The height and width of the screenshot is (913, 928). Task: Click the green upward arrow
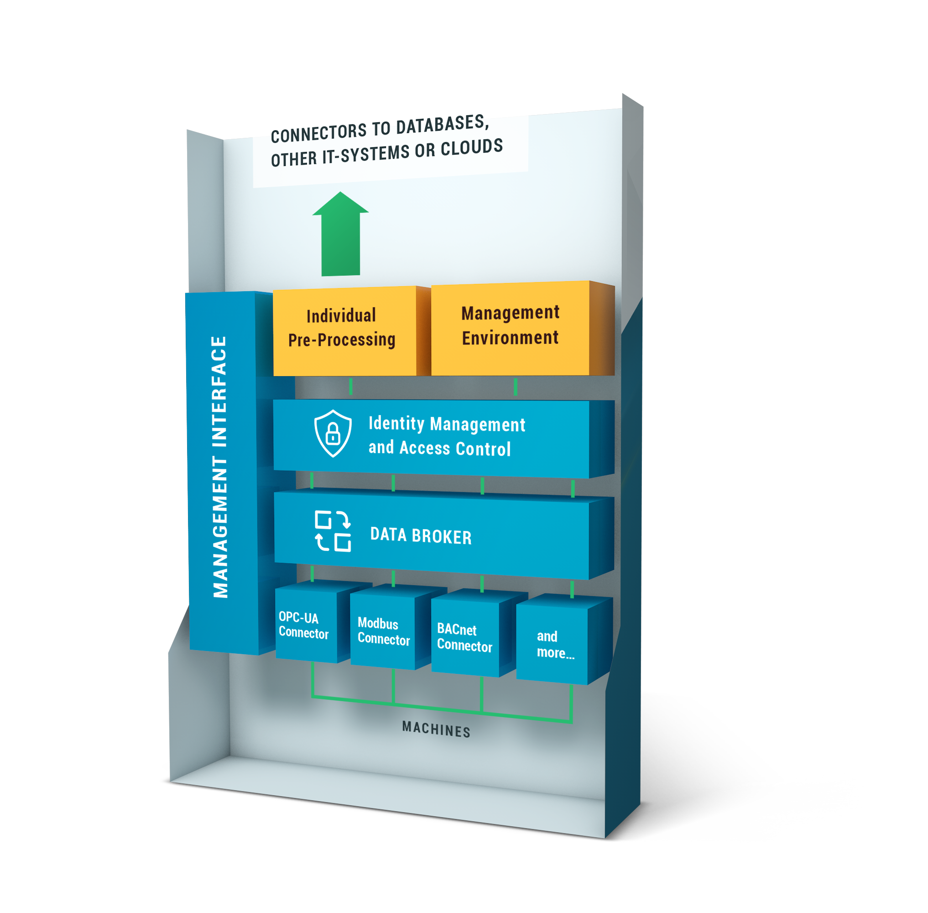tap(340, 237)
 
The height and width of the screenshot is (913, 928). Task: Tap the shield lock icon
tap(333, 433)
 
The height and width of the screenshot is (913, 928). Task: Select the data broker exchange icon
tap(333, 531)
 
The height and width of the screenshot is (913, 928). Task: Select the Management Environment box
tap(510, 325)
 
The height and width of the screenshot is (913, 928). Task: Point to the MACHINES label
tap(436, 730)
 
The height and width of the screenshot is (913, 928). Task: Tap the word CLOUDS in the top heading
tap(472, 148)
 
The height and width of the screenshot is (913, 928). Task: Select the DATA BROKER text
tap(421, 535)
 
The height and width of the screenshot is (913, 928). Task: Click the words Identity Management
tap(446, 424)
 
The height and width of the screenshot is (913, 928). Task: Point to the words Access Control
tap(455, 448)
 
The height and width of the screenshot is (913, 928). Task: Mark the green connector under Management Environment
tap(515, 387)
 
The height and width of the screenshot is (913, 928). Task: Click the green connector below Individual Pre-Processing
tap(351, 386)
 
